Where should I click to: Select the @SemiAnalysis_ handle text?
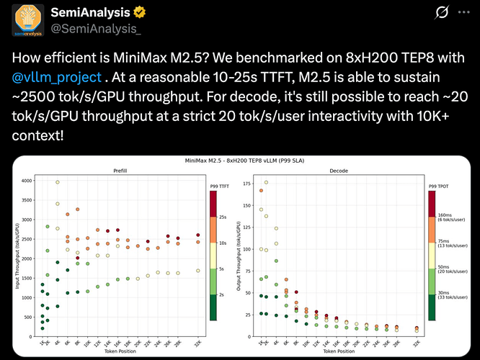81,28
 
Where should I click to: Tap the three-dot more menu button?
458,14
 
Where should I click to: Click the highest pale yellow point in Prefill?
58,182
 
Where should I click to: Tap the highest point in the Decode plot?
267,182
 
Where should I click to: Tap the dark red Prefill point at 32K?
198,235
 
